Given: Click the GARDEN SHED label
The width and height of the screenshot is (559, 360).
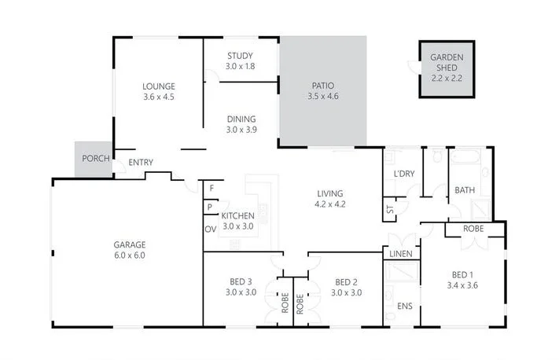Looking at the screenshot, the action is (447, 62).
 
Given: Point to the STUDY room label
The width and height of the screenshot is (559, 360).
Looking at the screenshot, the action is (240, 56).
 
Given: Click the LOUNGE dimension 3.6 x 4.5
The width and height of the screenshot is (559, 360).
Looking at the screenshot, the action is (158, 97).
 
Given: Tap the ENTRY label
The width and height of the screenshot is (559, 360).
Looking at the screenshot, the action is (141, 163).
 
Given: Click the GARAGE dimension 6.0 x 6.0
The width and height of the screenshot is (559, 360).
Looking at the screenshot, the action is (129, 255).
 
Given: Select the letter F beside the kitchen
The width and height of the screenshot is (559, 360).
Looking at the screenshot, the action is (211, 189).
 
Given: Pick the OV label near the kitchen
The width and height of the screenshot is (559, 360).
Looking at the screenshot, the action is (210, 229).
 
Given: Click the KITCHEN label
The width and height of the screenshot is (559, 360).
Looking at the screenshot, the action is (237, 215).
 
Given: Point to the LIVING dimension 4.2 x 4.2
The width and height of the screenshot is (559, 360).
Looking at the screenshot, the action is (331, 204).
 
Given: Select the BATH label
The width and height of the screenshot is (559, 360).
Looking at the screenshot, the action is (464, 190).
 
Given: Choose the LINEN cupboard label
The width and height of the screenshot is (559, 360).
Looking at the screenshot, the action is (400, 255).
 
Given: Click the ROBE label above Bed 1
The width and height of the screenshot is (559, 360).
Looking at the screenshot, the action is (473, 229).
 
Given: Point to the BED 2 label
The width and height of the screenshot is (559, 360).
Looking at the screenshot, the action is (347, 282).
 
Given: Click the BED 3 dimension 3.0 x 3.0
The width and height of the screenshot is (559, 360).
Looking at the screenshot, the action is (241, 292).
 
